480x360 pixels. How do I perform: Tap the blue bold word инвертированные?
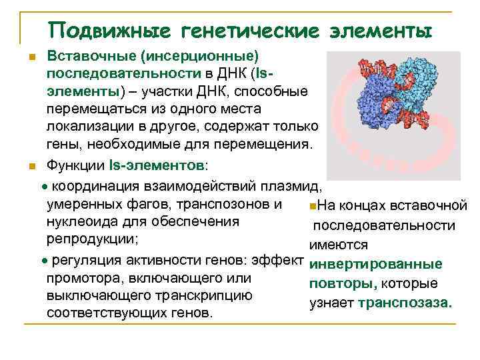coord(377,265)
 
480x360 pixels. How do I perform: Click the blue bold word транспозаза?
coord(405,303)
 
